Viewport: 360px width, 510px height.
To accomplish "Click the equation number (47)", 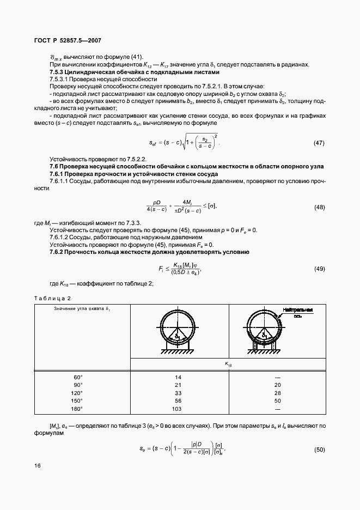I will (x=319, y=143).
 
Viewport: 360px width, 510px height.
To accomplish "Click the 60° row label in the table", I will (x=78, y=377).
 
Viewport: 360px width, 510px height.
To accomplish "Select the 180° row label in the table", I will (x=78, y=408).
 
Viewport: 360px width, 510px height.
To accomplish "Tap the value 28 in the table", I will (x=277, y=393).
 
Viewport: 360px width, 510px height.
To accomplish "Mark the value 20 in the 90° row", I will (x=277, y=385).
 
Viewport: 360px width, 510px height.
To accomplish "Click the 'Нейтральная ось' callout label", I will (x=297, y=312).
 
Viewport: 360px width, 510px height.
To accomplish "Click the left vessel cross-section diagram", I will (x=178, y=332).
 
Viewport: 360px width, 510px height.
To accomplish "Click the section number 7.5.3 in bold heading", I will (x=57, y=72).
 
